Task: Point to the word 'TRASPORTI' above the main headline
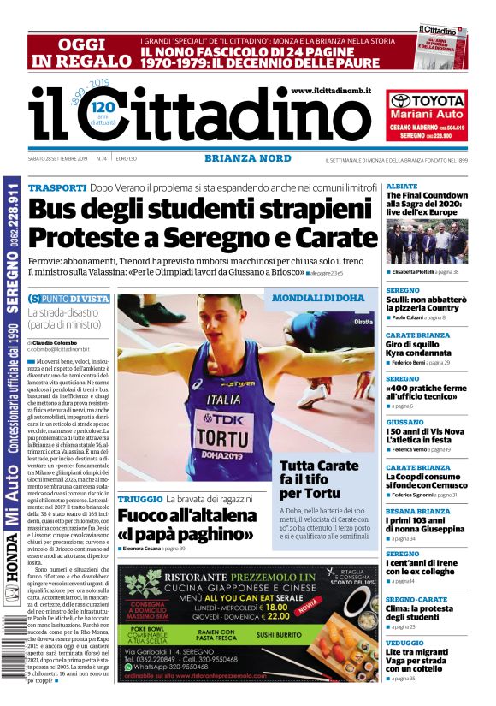57,187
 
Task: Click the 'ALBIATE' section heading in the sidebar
402,186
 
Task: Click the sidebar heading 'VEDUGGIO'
405,642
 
